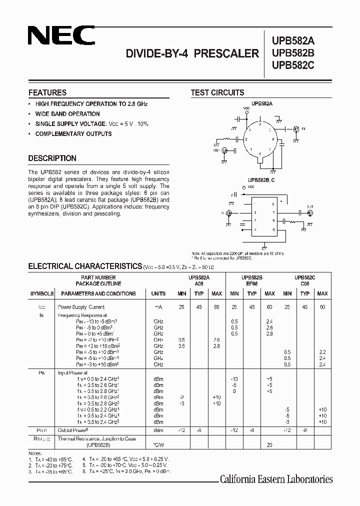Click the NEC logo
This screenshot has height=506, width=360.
[61, 36]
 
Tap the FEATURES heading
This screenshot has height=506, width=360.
[47, 92]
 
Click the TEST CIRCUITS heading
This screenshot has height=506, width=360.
[217, 92]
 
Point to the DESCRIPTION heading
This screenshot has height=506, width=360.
[52, 158]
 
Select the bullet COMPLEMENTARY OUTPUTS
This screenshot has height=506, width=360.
[73, 134]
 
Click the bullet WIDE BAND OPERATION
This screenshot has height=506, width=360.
[67, 114]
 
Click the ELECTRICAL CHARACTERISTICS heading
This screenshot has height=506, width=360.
[85, 266]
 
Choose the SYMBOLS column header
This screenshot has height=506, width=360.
[42, 293]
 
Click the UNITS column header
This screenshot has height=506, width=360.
[158, 293]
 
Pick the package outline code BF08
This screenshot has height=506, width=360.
[252, 283]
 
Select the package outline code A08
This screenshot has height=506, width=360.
[199, 283]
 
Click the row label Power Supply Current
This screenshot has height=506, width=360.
[81, 307]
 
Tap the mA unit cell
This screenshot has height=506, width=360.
[158, 307]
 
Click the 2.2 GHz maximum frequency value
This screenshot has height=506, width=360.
[322, 352]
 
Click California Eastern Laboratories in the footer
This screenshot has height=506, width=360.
[276, 479]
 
